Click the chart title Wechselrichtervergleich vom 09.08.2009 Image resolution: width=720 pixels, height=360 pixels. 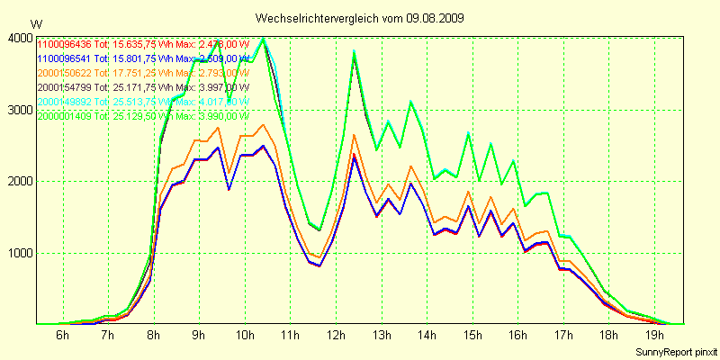(360, 18)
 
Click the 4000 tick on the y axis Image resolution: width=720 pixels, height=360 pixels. (18, 38)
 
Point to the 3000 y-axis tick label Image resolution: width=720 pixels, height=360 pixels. (18, 110)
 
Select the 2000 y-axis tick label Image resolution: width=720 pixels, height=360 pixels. (18, 182)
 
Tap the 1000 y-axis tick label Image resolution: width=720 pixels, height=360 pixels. (18, 254)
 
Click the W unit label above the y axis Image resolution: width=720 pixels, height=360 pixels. (35, 23)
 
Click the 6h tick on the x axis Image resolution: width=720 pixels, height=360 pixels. (62, 336)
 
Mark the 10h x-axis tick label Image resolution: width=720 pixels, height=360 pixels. (243, 336)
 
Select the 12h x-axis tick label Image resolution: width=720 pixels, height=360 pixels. (334, 336)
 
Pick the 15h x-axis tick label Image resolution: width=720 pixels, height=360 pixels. (471, 336)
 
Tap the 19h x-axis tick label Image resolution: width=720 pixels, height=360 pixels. (652, 336)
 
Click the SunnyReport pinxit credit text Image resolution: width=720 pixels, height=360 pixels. (674, 351)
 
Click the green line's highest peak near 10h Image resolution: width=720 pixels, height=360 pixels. (263, 39)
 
